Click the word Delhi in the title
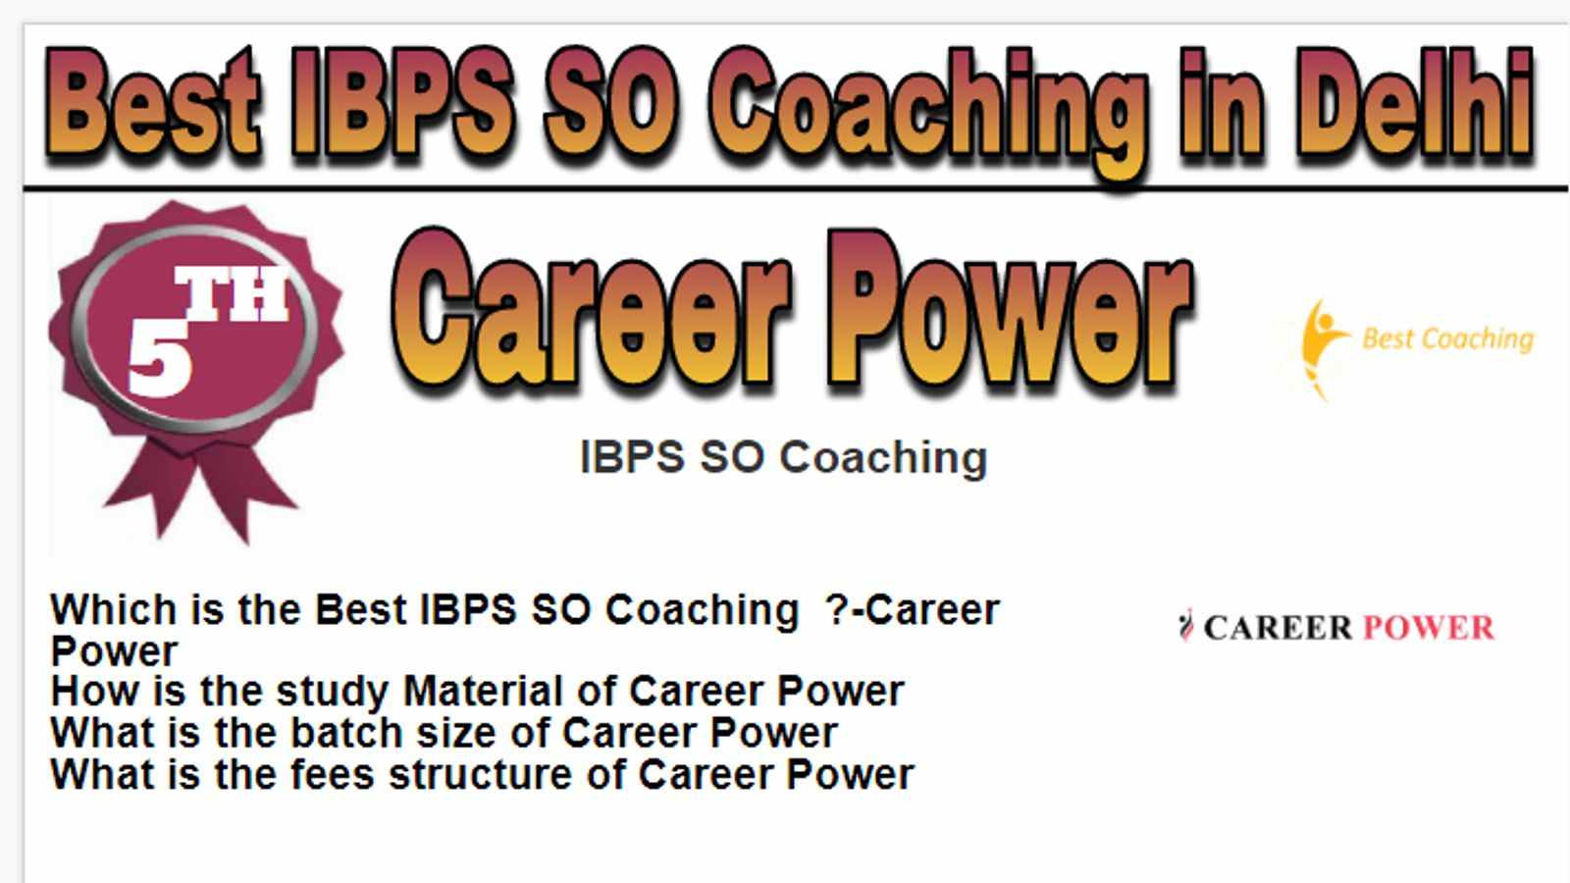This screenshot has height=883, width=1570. [1414, 103]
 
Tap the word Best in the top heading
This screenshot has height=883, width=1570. [152, 103]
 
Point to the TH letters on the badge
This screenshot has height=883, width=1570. [232, 292]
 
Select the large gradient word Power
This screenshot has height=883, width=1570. [1010, 308]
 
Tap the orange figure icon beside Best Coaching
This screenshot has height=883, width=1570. [1321, 348]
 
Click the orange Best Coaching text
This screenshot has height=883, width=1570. [1448, 339]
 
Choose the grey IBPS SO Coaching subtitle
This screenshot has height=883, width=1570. [784, 457]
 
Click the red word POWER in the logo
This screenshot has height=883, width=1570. [1429, 627]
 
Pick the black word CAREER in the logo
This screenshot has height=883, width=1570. [1278, 627]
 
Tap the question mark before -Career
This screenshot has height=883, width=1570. [838, 609]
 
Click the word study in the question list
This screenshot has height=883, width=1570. [332, 693]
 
